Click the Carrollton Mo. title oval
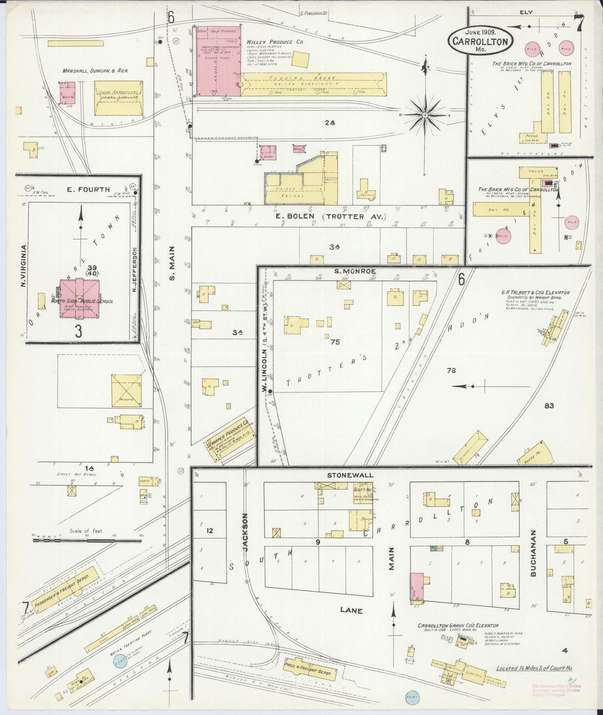(480, 41)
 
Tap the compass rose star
(425, 114)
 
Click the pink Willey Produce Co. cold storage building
(219, 61)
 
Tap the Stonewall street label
(350, 475)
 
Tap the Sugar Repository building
(119, 98)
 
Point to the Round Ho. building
(535, 453)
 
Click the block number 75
(335, 342)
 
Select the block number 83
(549, 405)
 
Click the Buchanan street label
(532, 553)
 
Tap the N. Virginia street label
(23, 265)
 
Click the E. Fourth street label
(88, 189)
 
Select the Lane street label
(351, 610)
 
